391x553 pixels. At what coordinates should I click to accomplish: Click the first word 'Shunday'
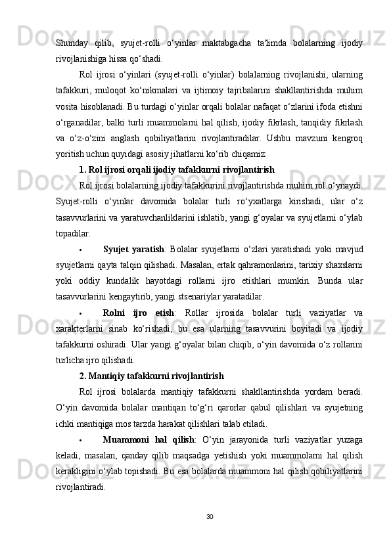[74, 43]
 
